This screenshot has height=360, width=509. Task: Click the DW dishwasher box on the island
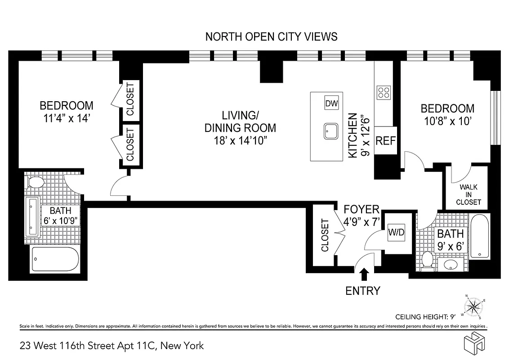[331, 104]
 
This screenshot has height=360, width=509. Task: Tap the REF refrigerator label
[385, 141]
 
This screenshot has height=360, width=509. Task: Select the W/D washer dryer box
[396, 233]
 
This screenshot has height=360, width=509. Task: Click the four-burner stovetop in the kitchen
[384, 92]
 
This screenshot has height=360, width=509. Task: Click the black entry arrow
[364, 274]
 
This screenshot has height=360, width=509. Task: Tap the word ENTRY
[362, 291]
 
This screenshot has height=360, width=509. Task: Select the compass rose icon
[473, 307]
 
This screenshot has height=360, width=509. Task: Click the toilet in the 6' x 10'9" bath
[36, 183]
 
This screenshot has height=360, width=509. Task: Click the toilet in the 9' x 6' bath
[427, 260]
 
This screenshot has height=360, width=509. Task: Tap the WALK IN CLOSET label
[468, 194]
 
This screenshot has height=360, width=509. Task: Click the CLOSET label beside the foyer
[325, 235]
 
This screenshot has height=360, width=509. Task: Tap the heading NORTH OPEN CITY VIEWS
[271, 37]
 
